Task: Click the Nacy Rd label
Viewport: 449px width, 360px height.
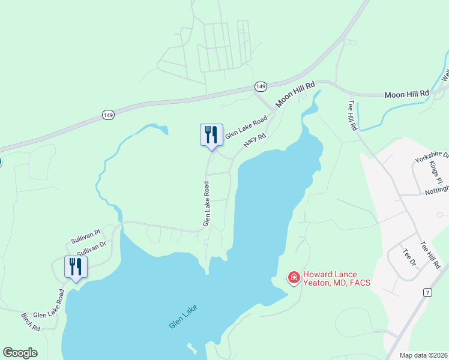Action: click(x=255, y=141)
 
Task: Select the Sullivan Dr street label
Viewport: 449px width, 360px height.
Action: click(x=91, y=248)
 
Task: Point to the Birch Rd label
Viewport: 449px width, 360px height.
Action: click(x=30, y=322)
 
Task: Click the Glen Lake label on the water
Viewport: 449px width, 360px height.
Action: click(x=183, y=316)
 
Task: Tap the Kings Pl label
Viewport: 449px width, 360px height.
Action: click(x=435, y=172)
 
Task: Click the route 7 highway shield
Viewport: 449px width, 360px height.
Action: click(x=427, y=292)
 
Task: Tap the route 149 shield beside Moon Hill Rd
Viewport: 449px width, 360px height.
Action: click(x=260, y=86)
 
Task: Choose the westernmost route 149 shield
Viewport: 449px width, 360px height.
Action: click(x=108, y=115)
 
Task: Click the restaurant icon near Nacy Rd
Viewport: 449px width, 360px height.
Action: click(x=211, y=134)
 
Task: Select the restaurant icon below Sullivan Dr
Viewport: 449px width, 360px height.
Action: click(x=76, y=266)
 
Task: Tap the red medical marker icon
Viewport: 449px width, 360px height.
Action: click(x=294, y=277)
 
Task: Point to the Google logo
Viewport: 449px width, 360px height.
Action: click(x=20, y=353)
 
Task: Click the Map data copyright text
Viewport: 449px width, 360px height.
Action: click(x=424, y=355)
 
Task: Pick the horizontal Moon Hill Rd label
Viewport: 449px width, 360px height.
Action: click(x=407, y=94)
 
